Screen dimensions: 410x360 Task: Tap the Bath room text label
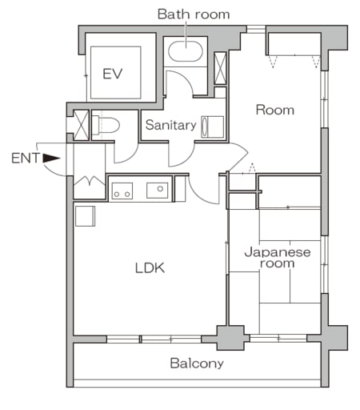click(x=193, y=14)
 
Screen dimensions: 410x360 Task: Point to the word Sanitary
click(x=170, y=125)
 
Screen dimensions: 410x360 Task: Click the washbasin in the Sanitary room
click(x=213, y=127)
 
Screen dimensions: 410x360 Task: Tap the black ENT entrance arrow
click(x=51, y=158)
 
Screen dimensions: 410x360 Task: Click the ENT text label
click(x=25, y=158)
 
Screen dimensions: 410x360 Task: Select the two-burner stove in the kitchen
click(x=122, y=191)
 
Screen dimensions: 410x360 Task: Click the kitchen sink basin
click(x=157, y=191)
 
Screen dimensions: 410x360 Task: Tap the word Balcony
click(x=197, y=363)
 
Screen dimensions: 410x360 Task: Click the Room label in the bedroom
click(x=274, y=110)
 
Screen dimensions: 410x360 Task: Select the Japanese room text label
click(x=276, y=257)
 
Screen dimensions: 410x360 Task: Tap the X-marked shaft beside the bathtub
click(x=220, y=68)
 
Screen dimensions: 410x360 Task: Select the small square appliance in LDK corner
click(x=85, y=215)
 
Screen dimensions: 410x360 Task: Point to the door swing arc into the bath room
click(x=178, y=82)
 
